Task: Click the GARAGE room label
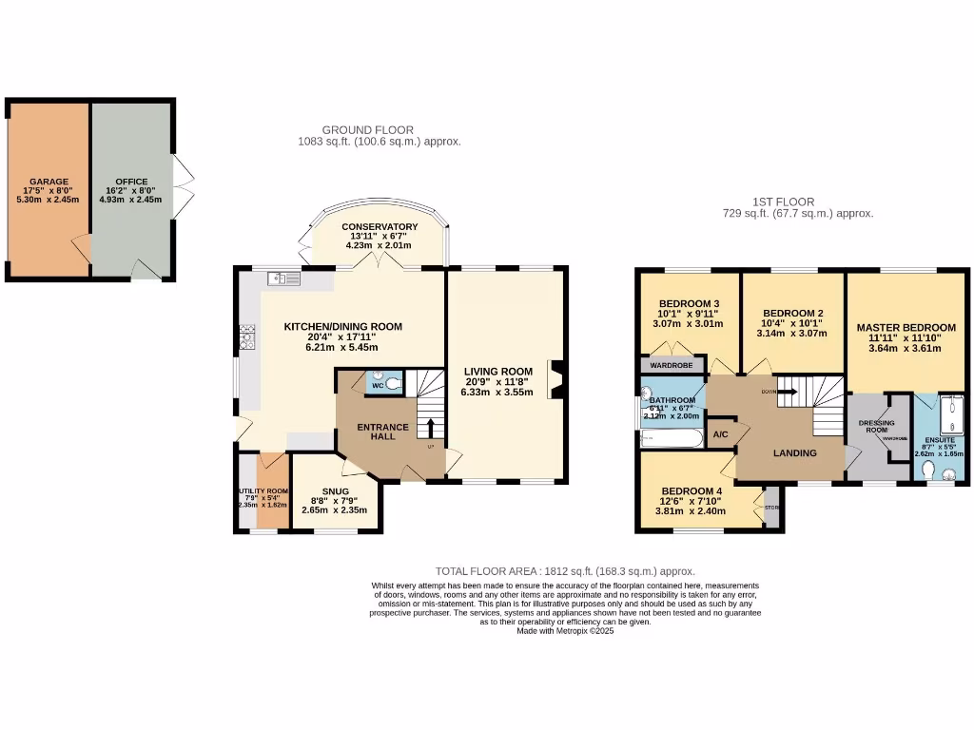[x=48, y=181]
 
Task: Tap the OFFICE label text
[x=131, y=182]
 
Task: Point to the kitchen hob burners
[x=248, y=336]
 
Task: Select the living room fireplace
[x=555, y=378]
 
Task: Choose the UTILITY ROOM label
[x=263, y=491]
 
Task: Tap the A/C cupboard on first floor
[x=720, y=434]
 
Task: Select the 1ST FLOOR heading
[x=784, y=202]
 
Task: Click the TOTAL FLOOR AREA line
[x=565, y=571]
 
